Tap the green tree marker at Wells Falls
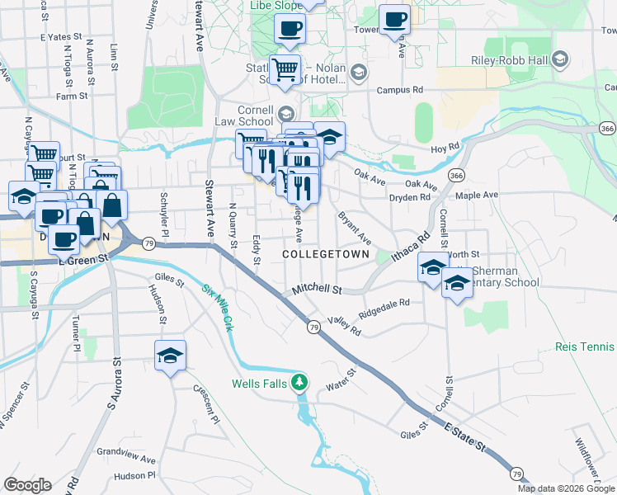302,382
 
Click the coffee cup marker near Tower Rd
394,19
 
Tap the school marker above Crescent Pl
171,356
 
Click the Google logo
27,485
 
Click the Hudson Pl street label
134,476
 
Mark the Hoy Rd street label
445,148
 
